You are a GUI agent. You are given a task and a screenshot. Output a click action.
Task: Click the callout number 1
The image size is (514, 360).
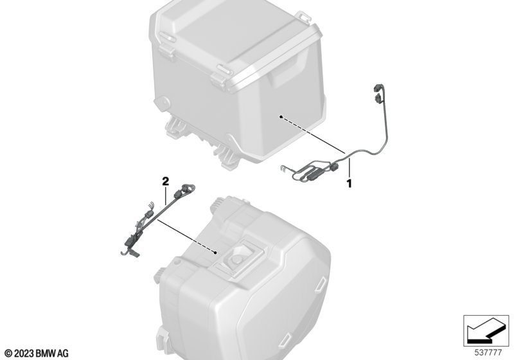[x=350, y=183]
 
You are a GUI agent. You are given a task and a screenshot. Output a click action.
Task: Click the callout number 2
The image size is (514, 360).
[x=166, y=181]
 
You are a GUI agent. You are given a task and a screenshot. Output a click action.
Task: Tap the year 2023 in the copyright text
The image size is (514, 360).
[x=24, y=354]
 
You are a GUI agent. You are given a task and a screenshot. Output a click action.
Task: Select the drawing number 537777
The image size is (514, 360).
[x=488, y=353]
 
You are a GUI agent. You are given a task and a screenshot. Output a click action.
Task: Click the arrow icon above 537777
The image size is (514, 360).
[x=486, y=330]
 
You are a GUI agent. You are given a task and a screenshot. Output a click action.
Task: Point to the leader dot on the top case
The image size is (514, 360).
[x=281, y=116]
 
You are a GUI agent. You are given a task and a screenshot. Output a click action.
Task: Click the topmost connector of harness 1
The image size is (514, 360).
[x=377, y=88]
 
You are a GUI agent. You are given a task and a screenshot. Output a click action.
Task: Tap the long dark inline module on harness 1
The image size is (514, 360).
[x=315, y=174]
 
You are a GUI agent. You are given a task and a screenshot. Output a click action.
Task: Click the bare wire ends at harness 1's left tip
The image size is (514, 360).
[x=283, y=168]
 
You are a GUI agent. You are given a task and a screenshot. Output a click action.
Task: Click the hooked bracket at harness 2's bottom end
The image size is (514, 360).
[x=130, y=252]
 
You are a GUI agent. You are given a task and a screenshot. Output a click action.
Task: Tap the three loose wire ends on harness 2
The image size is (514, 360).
[x=150, y=205]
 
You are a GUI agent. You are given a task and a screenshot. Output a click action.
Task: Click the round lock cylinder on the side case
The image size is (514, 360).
[x=236, y=259]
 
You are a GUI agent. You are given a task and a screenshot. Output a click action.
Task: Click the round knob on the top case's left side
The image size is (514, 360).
[x=163, y=103]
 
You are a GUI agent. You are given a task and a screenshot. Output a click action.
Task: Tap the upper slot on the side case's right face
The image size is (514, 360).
[x=320, y=283]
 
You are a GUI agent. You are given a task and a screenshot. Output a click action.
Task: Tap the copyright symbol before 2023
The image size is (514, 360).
[x=9, y=354]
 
